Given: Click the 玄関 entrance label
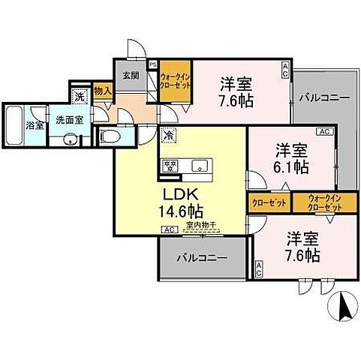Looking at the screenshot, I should coord(130,75).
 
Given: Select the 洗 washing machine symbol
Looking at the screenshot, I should coord(80,96).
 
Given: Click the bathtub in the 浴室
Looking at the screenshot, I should coord(15,128).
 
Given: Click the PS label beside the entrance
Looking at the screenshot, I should coord(153,65).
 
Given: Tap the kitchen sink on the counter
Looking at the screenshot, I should coord(200,166).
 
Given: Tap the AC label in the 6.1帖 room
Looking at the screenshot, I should coord(325,131).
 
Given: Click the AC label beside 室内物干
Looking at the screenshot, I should coord(169,229).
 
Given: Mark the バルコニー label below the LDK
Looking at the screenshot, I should coord(201,258).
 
